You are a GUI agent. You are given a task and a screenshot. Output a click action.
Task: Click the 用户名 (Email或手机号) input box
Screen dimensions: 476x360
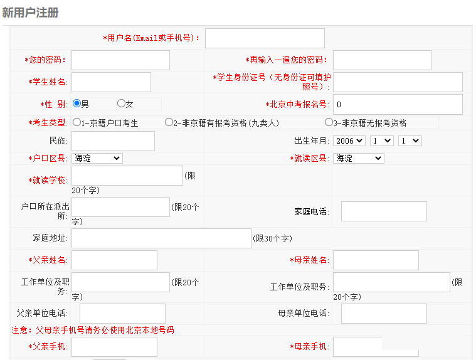point(265,38)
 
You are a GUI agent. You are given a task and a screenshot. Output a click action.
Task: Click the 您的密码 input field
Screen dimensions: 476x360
point(120,60)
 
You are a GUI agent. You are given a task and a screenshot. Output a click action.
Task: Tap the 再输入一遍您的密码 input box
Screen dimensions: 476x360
point(382,60)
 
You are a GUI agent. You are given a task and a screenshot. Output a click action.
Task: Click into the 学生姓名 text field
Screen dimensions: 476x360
point(111,82)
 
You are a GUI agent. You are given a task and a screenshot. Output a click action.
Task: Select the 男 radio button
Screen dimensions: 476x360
point(77,103)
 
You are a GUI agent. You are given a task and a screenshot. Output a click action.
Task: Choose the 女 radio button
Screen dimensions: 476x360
point(121,103)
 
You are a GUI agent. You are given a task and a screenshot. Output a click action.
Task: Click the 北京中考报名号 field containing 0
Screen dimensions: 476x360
point(398,104)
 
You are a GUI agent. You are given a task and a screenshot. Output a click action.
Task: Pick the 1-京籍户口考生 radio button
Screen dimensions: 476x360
point(77,122)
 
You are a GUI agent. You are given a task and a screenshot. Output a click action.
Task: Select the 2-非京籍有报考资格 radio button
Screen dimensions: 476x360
point(169,122)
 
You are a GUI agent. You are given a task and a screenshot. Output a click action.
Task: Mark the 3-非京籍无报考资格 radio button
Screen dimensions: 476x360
point(329,122)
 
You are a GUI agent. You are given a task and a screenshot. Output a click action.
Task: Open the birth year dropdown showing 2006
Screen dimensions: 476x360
point(349,141)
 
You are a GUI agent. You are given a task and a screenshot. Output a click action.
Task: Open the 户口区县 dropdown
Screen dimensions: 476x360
point(97,158)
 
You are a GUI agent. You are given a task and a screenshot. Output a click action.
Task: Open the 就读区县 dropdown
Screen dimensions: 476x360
point(359,158)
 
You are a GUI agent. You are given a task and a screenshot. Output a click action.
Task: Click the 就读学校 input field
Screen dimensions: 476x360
point(127,176)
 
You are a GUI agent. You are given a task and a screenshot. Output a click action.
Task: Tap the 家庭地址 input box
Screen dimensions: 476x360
point(161,238)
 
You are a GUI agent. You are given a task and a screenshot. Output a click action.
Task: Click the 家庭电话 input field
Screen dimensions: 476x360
point(384,211)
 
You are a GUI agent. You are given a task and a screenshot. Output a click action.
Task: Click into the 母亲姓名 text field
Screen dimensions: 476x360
point(376,260)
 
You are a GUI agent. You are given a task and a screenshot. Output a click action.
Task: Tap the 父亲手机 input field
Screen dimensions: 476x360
point(114,347)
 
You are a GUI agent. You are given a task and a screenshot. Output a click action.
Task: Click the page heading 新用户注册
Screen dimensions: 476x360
point(30,13)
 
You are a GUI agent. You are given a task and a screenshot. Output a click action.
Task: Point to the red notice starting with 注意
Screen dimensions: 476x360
point(93,330)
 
